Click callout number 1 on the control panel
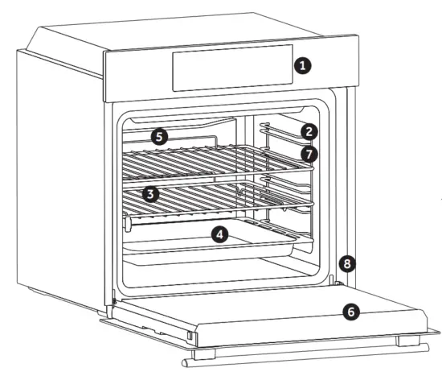pyautogui.click(x=301, y=66)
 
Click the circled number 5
pyautogui.click(x=159, y=137)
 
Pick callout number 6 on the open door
pyautogui.click(x=350, y=311)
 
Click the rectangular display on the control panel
pyautogui.click(x=229, y=68)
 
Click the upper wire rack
pyautogui.click(x=201, y=161)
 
